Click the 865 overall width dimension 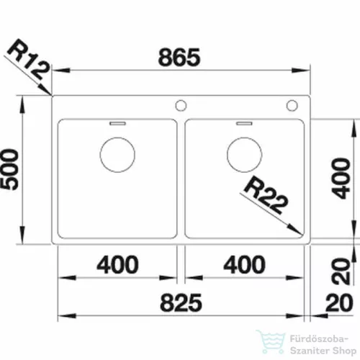(179, 58)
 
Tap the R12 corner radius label (29, 60)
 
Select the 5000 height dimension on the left (9, 169)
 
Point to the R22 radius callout (266, 195)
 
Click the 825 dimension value (181, 302)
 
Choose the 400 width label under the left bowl (117, 264)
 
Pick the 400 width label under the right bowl (244, 264)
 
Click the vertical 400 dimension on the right (341, 179)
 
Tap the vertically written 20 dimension (341, 271)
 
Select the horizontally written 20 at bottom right (339, 303)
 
